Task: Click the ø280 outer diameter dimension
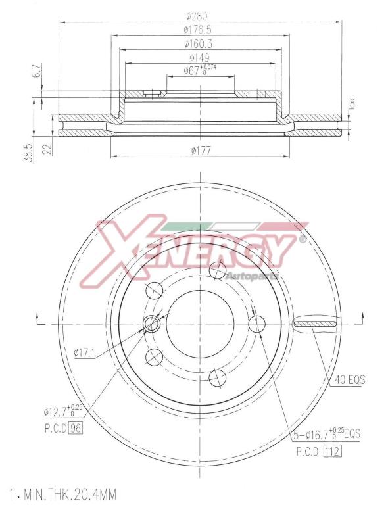pos(201,16)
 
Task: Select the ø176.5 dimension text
pos(197,30)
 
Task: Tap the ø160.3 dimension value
pos(198,44)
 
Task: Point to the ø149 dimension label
pos(199,58)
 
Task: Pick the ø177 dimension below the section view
pos(201,150)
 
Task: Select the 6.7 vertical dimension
pos(37,70)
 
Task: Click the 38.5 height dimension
pos(29,153)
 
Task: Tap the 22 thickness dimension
pos(47,149)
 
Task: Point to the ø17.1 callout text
pos(84,353)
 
